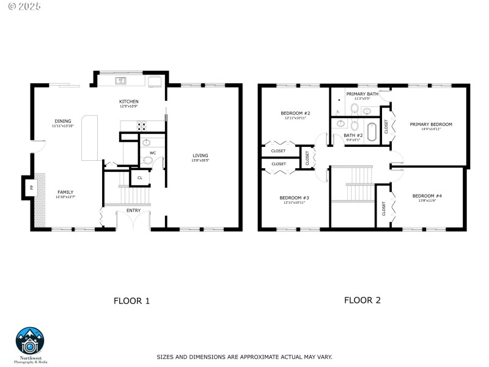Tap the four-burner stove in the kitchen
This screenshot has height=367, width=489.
pyautogui.click(x=142, y=127)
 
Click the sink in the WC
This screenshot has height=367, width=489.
pyautogui.click(x=145, y=143)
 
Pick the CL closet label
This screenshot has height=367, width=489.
pyautogui.click(x=139, y=178)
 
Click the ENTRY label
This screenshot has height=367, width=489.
pyautogui.click(x=133, y=210)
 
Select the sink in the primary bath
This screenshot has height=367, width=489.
pyautogui.click(x=366, y=111)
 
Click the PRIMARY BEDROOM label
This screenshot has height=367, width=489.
pyautogui.click(x=431, y=124)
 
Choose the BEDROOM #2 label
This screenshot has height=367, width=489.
pyautogui.click(x=296, y=113)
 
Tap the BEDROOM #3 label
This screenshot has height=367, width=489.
pyautogui.click(x=295, y=198)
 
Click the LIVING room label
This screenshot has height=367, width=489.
pyautogui.click(x=200, y=156)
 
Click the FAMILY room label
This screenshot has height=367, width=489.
pyautogui.click(x=65, y=192)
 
